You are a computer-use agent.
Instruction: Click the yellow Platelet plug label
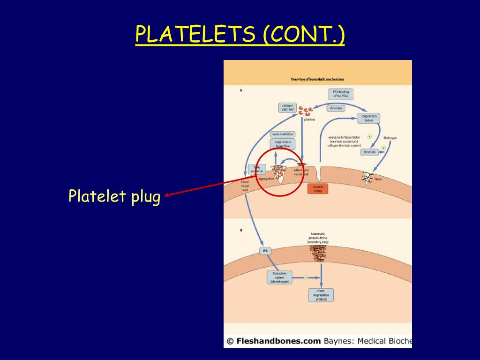pyautogui.click(x=114, y=195)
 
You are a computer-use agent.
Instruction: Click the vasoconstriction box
pyautogui.click(x=283, y=134)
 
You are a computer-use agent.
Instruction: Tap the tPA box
pyautogui.click(x=265, y=251)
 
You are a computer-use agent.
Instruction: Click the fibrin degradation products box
pyautogui.click(x=321, y=295)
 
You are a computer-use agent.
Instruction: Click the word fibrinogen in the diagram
pyautogui.click(x=390, y=138)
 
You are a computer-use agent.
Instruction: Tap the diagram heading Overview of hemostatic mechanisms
pyautogui.click(x=317, y=79)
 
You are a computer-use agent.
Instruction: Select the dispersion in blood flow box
pyautogui.click(x=283, y=144)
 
